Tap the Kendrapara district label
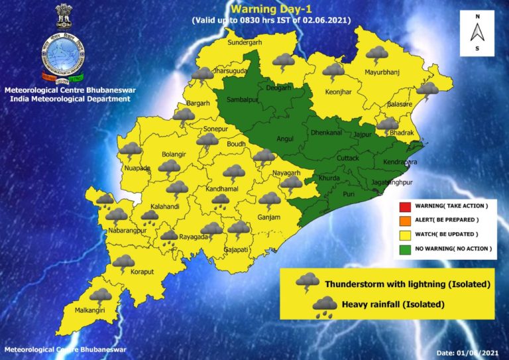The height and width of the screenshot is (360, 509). (x=400, y=162)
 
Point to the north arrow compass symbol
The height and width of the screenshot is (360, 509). (x=477, y=32)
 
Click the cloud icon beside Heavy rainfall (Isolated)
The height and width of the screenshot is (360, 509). (x=324, y=306)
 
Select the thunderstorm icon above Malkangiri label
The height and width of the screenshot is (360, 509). (x=101, y=296)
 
